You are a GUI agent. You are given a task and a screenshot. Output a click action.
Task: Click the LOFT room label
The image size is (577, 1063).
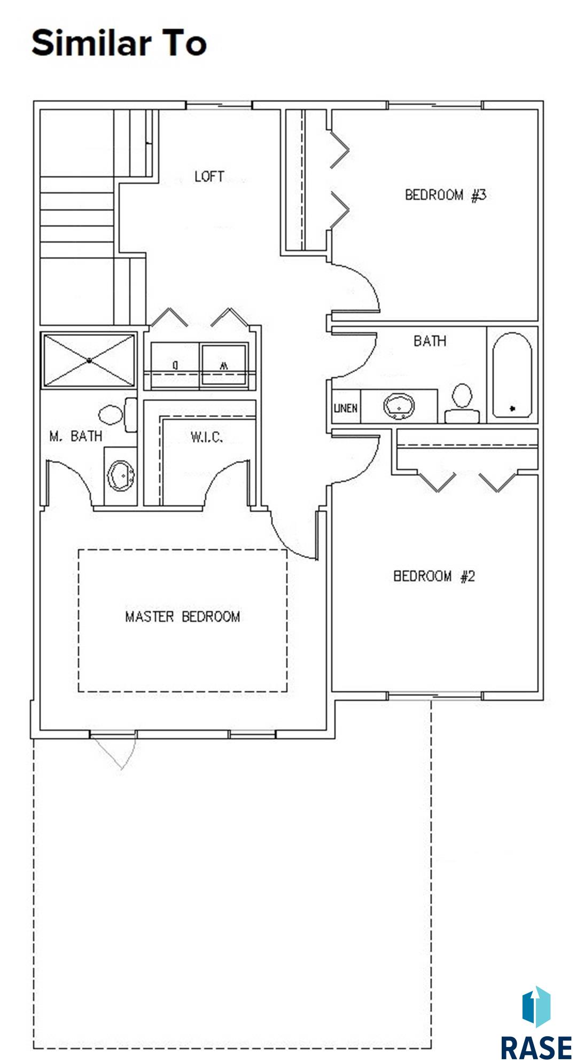click(209, 176)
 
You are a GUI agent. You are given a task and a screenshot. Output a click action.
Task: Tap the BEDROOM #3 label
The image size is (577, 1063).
click(446, 195)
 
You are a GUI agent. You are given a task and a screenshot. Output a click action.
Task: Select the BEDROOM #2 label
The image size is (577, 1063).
click(434, 576)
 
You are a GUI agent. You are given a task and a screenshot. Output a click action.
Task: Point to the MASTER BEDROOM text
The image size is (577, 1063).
click(182, 616)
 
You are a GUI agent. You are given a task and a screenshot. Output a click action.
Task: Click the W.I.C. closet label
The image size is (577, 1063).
click(206, 437)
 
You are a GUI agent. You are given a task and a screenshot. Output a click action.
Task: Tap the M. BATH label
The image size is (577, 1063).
click(75, 436)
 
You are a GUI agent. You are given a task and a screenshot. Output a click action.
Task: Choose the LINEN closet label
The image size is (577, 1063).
click(345, 408)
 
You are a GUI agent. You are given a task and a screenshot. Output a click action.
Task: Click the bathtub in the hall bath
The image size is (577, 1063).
click(512, 375)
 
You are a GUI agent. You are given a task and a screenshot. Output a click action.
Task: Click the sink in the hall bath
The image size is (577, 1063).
click(399, 407)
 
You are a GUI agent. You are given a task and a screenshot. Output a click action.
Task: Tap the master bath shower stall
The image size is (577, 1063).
click(89, 361)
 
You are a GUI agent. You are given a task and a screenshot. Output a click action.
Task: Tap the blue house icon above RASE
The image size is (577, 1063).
click(536, 1006)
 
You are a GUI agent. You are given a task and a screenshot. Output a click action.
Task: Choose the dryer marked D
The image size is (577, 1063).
click(175, 365)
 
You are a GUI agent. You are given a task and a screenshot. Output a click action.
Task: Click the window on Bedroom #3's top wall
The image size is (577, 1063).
click(434, 105)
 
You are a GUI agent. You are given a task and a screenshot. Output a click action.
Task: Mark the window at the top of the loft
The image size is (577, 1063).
click(219, 105)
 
